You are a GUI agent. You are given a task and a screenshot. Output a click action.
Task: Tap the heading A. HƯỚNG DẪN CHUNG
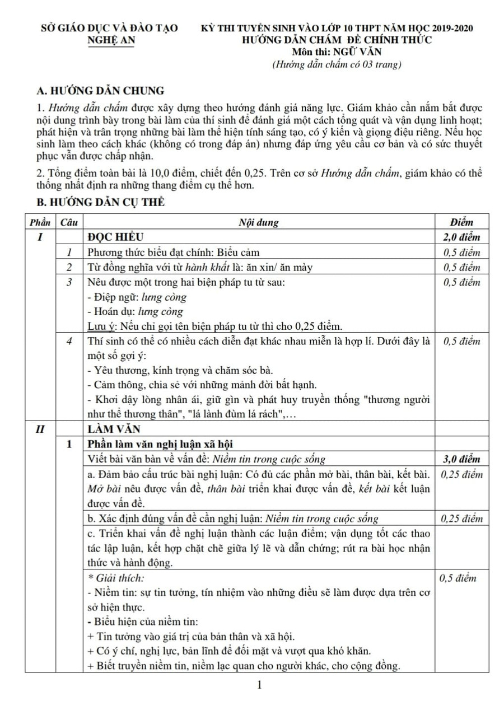tap(100, 90)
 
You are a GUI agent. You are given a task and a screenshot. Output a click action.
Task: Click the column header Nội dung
tap(259, 222)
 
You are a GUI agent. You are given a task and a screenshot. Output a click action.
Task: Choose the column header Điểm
tap(461, 222)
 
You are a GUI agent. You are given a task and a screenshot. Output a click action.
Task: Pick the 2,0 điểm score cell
tap(461, 237)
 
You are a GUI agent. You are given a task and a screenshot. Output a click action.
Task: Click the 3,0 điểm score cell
tap(461, 459)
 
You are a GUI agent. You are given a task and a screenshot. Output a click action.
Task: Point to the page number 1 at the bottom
tap(259, 685)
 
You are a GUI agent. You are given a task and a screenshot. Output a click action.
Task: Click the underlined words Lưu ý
tap(100, 326)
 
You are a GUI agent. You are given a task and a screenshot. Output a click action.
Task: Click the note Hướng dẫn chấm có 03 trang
tap(336, 64)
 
